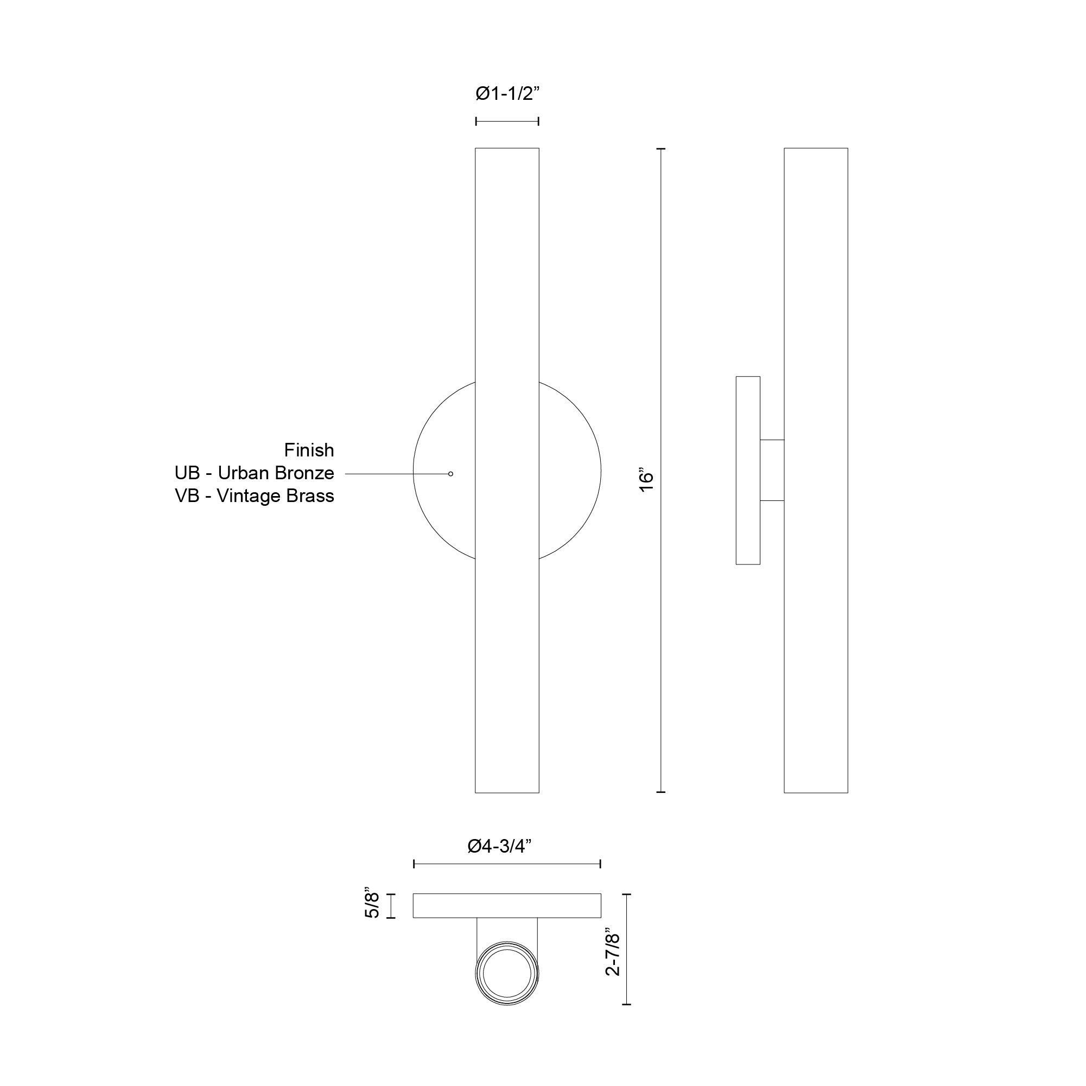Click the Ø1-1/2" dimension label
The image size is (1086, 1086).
point(507,94)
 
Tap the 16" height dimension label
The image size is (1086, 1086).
point(646,481)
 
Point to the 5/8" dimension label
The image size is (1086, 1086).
point(373,905)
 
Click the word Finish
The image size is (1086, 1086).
point(309,450)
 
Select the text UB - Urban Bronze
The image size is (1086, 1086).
point(254,473)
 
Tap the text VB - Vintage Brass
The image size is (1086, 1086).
point(254,496)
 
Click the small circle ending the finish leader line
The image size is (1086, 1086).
point(450,474)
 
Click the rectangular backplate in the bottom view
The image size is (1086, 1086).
point(507,905)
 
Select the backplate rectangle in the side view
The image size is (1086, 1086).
point(748,470)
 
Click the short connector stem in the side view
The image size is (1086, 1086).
point(772,470)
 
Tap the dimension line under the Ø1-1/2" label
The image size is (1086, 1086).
point(507,121)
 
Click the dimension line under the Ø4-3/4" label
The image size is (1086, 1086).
point(507,864)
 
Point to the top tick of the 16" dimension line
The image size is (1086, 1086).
point(661,149)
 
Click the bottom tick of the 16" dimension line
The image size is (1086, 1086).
point(661,792)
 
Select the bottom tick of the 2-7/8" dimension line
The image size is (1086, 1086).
point(627,1004)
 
